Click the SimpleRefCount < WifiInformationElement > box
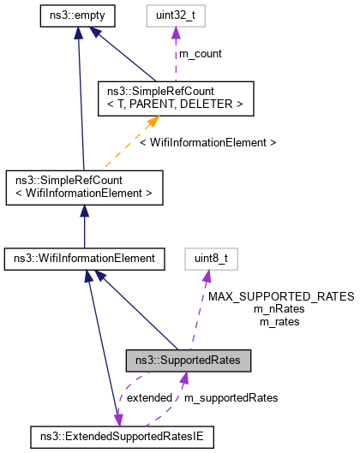click(x=83, y=188)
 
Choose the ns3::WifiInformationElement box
click(x=83, y=257)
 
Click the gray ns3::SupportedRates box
click(x=188, y=361)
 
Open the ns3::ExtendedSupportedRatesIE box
click(x=121, y=437)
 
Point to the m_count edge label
click(x=200, y=53)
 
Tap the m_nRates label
click(x=280, y=308)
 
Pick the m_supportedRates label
click(x=231, y=397)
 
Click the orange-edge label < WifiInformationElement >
click(x=219, y=142)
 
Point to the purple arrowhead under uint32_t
click(x=177, y=33)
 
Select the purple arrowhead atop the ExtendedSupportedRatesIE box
click(x=119, y=420)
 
